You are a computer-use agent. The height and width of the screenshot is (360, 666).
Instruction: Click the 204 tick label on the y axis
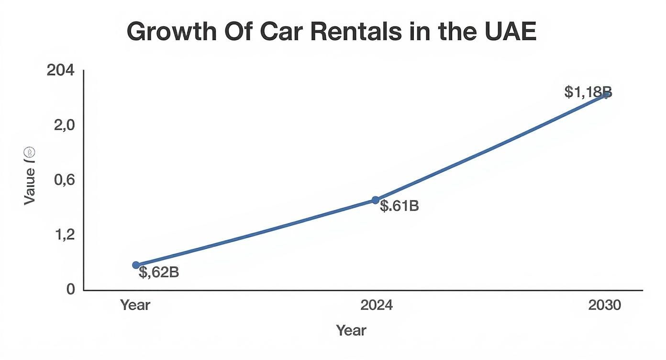coord(61,70)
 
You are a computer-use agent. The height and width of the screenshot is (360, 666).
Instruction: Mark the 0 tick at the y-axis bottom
coord(70,289)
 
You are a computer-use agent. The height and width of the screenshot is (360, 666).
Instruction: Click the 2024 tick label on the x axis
coord(377,305)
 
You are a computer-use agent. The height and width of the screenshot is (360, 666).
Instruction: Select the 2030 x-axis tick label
coord(605,305)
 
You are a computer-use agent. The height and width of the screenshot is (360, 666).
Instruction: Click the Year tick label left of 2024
coord(135,305)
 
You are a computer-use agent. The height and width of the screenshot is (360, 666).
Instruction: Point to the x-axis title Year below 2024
coord(351,330)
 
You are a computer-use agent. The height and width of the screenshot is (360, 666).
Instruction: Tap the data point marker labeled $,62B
coord(136,265)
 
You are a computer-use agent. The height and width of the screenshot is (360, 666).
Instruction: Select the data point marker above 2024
coord(376,200)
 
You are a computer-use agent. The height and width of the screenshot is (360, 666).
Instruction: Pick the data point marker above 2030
coord(606,94)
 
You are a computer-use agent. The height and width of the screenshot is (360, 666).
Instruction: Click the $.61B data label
coord(399,206)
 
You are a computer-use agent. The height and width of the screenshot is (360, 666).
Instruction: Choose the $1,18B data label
coord(588,92)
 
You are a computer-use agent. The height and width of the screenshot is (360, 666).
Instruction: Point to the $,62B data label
coord(159,272)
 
